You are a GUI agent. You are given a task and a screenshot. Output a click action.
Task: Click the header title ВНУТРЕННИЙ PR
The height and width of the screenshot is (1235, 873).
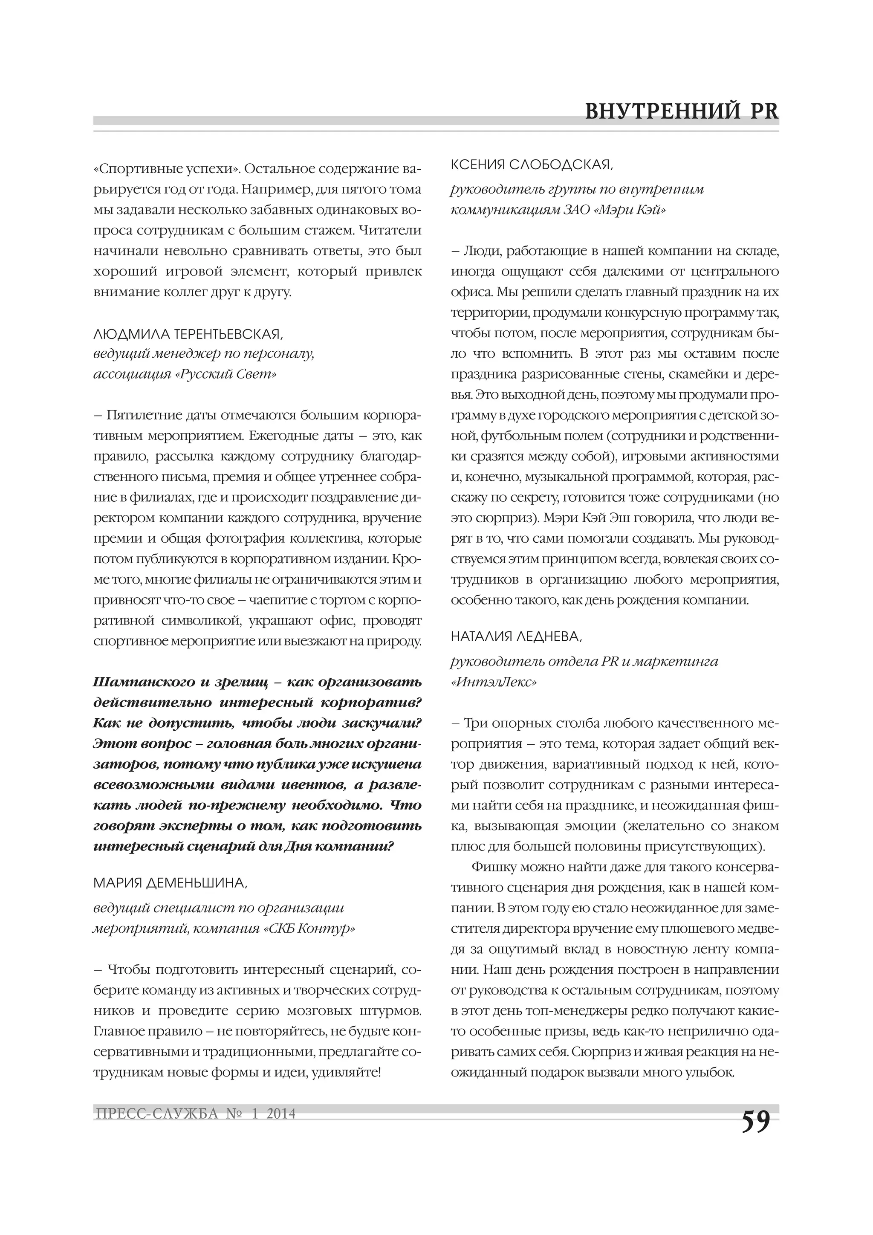tap(682, 111)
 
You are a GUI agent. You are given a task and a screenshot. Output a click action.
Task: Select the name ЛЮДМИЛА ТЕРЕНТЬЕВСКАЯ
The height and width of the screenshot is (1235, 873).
tap(188, 334)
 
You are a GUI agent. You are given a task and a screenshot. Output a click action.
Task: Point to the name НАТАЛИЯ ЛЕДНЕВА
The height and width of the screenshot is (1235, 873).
tap(516, 637)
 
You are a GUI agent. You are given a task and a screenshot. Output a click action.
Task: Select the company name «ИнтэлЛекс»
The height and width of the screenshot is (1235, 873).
tap(493, 683)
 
